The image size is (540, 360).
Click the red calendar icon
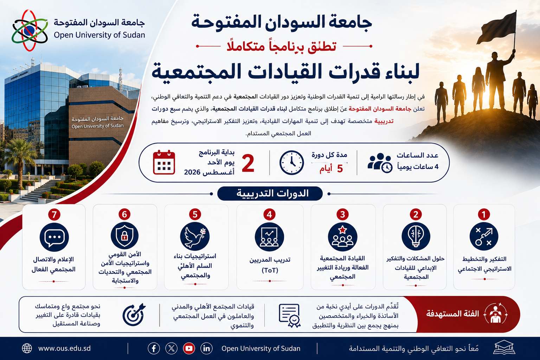(x=164, y=162)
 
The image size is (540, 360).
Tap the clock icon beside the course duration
(x=292, y=163)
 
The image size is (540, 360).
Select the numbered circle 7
(x=54, y=214)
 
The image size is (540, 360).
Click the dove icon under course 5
(x=195, y=237)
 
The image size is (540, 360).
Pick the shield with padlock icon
(x=124, y=236)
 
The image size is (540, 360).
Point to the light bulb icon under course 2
(x=416, y=236)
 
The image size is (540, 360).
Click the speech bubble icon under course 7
(x=54, y=237)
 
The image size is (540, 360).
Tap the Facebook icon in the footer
(x=154, y=348)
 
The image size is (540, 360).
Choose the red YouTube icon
(x=189, y=348)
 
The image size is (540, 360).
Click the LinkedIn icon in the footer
(x=207, y=348)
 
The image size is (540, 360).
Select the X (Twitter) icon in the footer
(x=172, y=348)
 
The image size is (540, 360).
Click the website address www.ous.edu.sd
(x=64, y=348)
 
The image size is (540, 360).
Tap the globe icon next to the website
(x=27, y=348)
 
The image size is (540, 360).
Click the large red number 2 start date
(x=248, y=163)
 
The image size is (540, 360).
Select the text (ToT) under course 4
(x=270, y=270)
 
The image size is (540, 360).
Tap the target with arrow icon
(x=134, y=315)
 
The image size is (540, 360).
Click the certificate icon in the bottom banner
(x=290, y=315)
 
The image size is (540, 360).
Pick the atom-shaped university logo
(x=30, y=31)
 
